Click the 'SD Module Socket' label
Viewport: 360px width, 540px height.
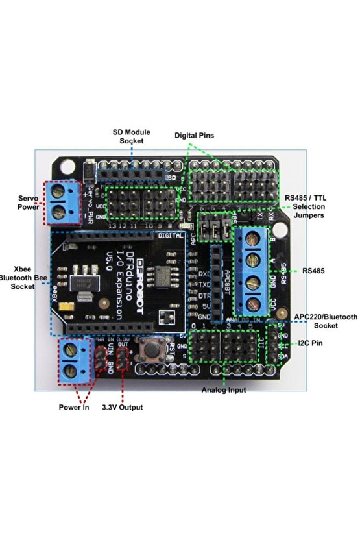131,136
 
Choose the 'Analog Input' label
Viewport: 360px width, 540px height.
224,390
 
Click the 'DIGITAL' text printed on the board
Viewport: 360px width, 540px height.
171,237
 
